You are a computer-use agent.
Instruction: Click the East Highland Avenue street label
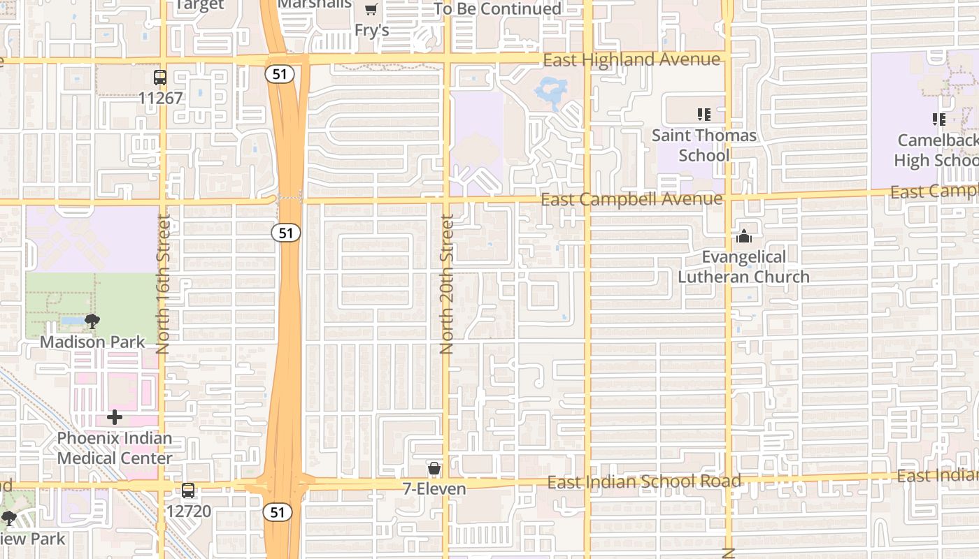click(631, 60)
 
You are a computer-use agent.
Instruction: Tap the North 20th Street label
click(447, 284)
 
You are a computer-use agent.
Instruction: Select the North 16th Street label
click(164, 284)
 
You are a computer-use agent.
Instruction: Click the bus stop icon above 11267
click(160, 78)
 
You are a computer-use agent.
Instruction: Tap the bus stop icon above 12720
click(188, 491)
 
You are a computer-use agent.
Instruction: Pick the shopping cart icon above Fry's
click(371, 10)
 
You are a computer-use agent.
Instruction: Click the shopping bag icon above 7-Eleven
click(434, 468)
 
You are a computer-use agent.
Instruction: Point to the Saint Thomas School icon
click(703, 114)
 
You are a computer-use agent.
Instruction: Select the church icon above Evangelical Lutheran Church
click(744, 237)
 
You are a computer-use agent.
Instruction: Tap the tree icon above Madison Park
click(92, 321)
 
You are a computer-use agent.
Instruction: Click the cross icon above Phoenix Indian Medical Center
click(115, 418)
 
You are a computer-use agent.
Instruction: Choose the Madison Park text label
click(92, 342)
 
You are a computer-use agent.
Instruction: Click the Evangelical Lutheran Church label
click(744, 267)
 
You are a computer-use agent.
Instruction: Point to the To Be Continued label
click(497, 9)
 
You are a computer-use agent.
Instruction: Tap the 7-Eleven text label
click(434, 488)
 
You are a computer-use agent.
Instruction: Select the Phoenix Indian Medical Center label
click(115, 449)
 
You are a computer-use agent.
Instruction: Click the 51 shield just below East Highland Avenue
click(279, 74)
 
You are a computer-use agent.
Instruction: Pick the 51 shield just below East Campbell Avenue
click(286, 233)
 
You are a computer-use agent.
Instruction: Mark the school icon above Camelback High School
click(938, 119)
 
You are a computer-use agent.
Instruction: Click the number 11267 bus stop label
click(160, 98)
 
